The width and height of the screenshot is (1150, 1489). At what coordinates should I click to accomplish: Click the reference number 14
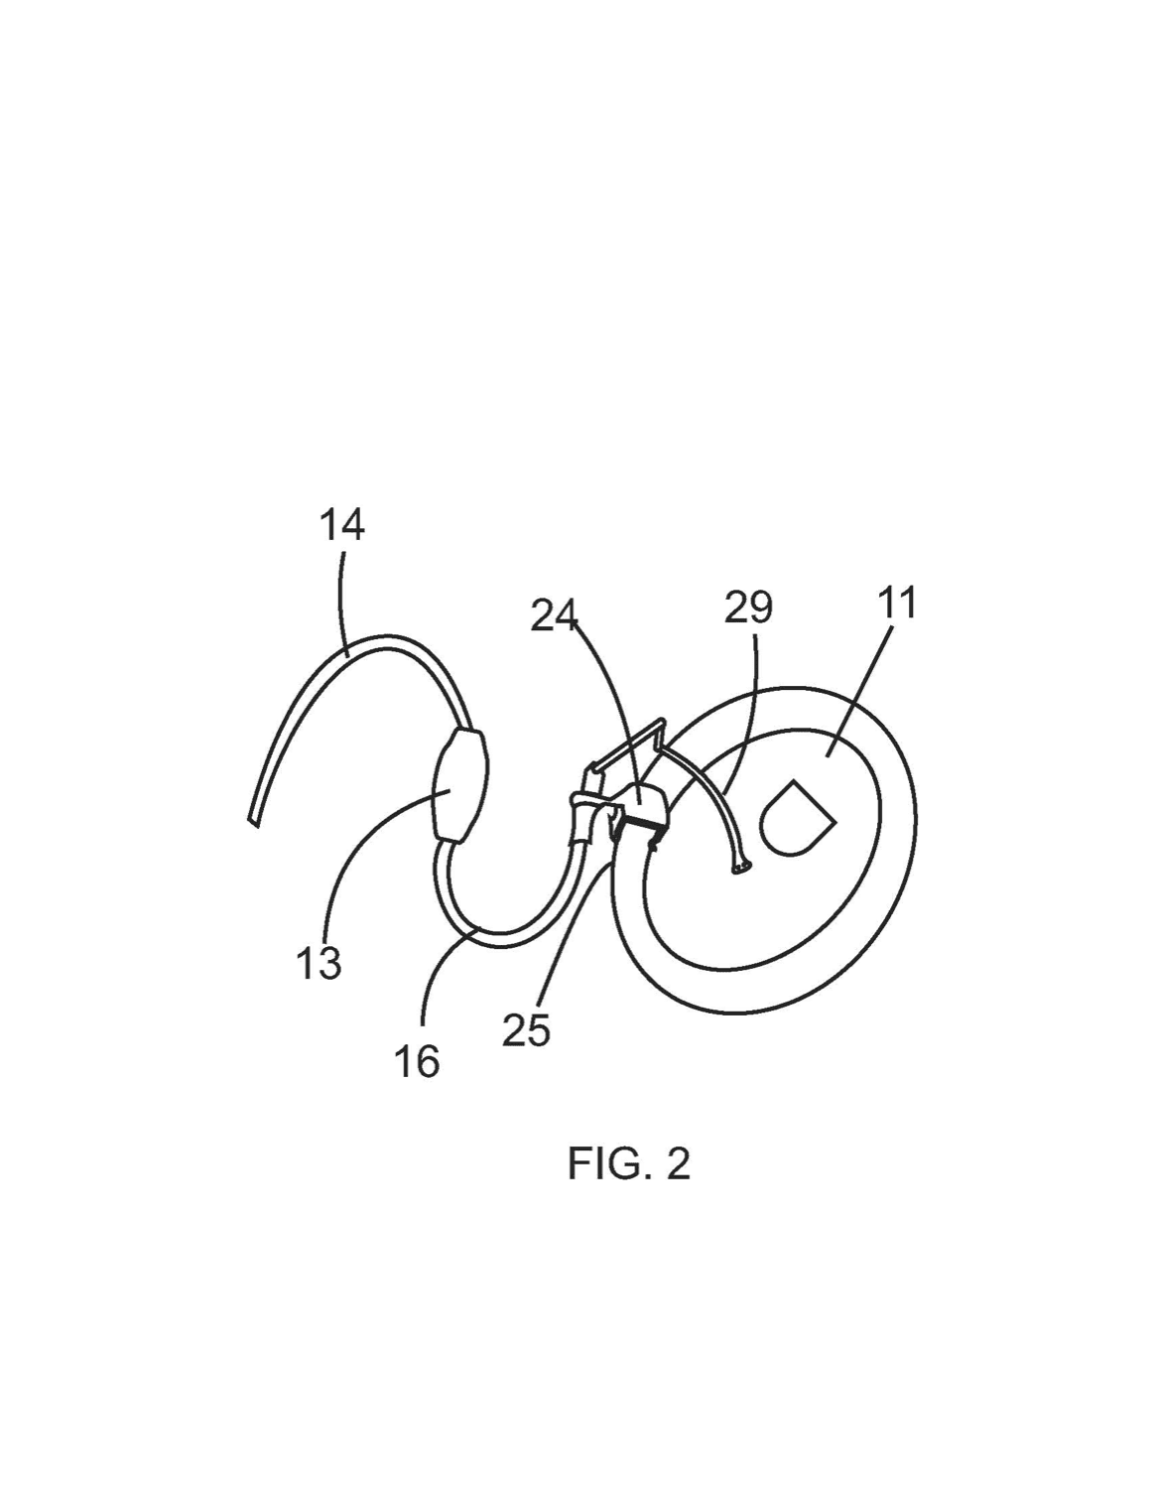pos(341,525)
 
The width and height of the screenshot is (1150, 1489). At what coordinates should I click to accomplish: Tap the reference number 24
pos(554,615)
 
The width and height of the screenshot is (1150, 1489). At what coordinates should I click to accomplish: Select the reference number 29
pos(748,608)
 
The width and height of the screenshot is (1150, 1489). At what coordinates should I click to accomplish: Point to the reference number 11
pos(897,603)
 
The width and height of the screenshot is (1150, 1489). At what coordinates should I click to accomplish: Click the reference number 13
pos(319,963)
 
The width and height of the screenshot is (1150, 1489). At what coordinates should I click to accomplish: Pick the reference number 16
pos(417,1061)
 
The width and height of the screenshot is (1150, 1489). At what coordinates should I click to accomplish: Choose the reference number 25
pos(526,1030)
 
